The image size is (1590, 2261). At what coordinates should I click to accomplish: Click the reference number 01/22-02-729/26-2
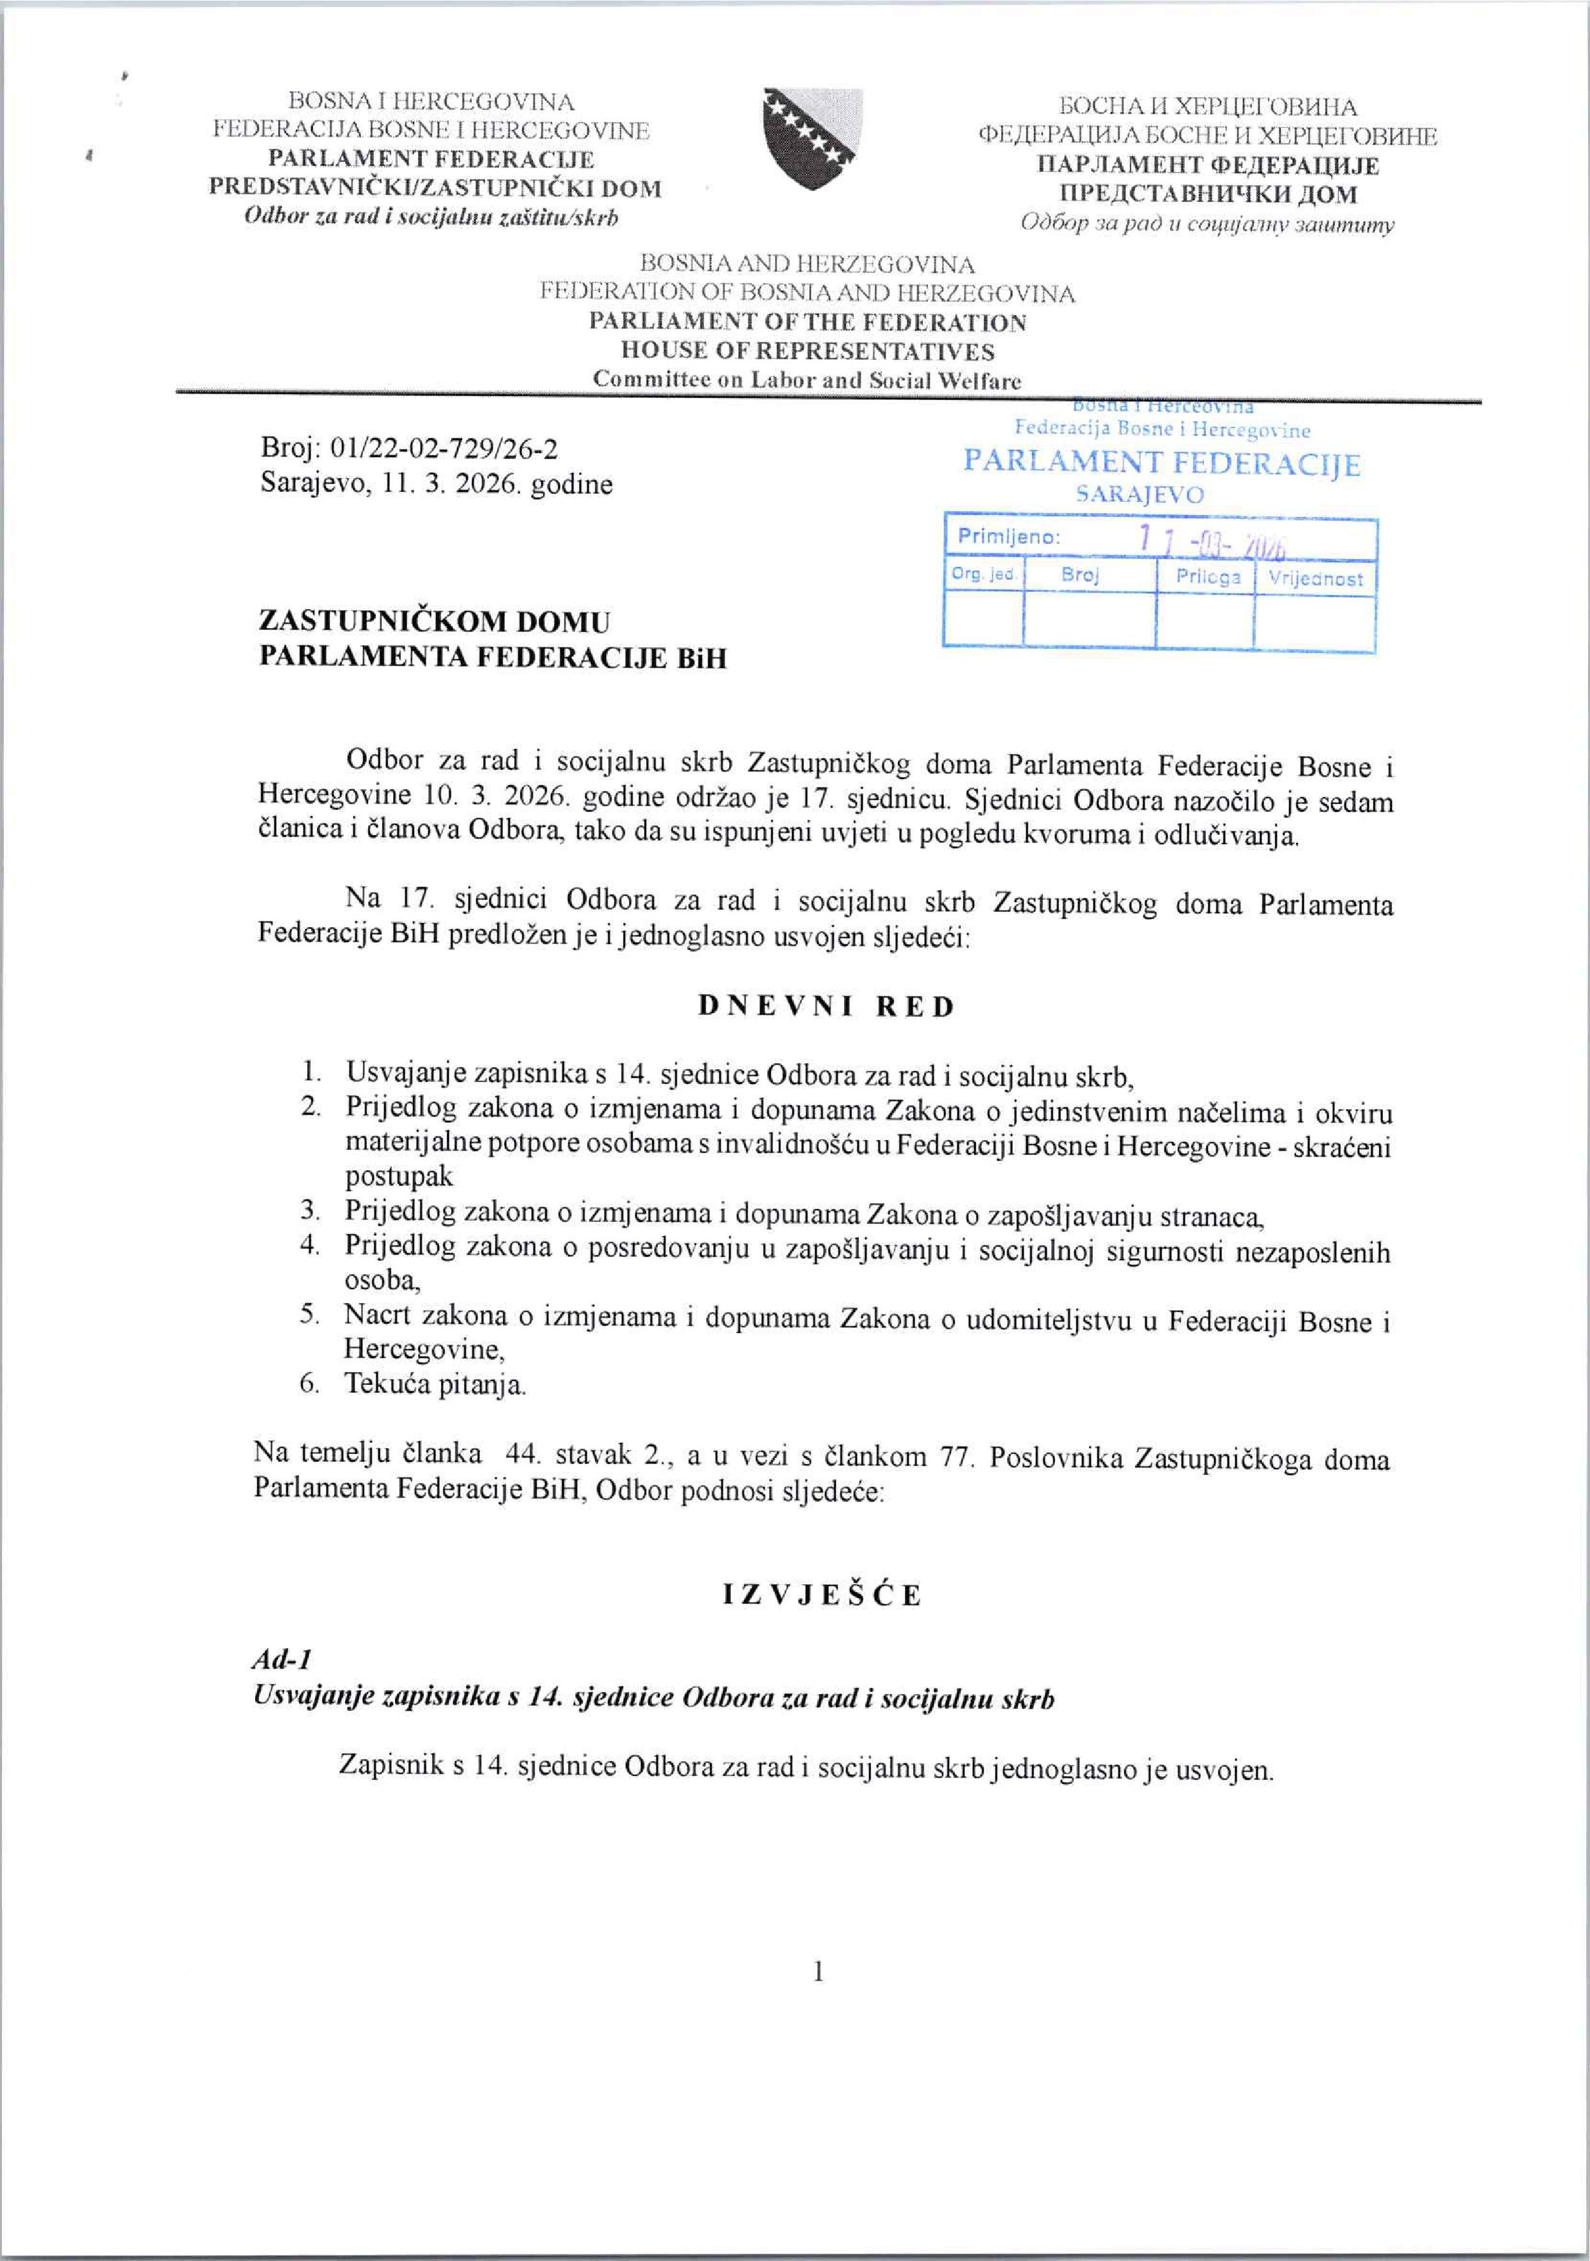pos(445,449)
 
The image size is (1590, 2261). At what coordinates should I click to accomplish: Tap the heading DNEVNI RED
pos(826,1007)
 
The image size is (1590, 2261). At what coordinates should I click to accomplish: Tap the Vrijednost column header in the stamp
pos(1315,578)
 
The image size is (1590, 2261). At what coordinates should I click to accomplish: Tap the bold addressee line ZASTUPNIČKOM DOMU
pos(434,621)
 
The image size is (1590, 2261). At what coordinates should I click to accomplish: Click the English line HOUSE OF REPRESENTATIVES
pos(807,351)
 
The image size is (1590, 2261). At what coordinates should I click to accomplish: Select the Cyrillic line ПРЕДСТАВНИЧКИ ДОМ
pos(1207,194)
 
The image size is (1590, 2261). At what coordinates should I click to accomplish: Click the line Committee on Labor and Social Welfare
pos(807,380)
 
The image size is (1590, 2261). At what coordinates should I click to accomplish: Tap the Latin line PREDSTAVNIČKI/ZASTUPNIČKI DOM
pos(435,188)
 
